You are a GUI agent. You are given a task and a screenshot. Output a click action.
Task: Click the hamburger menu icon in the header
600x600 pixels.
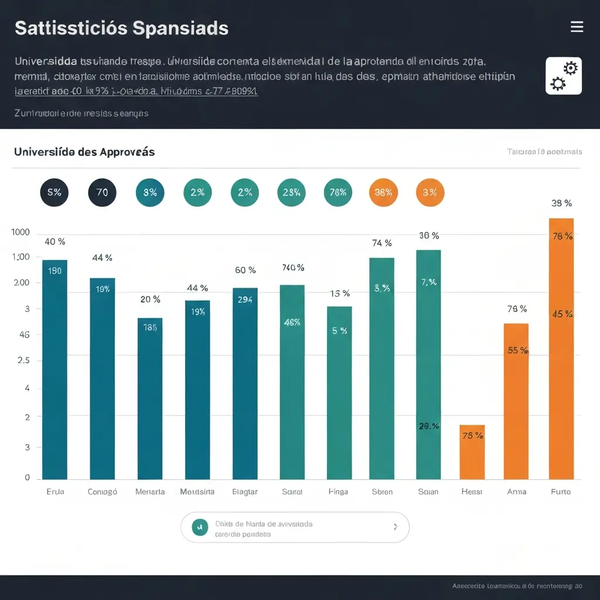coord(577,27)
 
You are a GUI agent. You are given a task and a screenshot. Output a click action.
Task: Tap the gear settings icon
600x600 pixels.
coord(563,76)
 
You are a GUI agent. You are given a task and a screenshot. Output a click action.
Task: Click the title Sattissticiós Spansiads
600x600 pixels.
coord(121,28)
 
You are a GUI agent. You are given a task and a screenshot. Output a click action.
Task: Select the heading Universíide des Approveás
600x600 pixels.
coord(84,152)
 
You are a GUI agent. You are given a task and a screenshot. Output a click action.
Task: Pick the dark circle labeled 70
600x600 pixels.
coord(102,193)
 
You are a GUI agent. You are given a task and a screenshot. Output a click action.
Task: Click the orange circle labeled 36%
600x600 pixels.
coord(383,193)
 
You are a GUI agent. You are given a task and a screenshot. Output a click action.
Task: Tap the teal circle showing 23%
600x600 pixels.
coord(291,193)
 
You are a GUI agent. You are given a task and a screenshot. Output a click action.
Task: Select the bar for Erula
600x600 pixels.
coord(54,369)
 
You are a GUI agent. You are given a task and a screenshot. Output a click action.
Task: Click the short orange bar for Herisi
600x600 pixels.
coord(472,452)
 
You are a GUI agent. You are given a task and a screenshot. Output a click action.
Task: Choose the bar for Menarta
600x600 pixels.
coord(150,398)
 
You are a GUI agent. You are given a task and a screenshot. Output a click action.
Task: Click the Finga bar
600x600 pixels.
coord(339,393)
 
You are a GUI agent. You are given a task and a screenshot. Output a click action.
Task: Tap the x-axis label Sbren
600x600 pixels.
coord(382,492)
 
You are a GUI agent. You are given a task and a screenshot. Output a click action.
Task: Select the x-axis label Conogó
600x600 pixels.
coord(102,492)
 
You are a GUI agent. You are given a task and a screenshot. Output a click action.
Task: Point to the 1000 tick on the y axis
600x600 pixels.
coord(21,232)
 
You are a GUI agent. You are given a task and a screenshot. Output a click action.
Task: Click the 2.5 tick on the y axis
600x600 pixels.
coord(23,360)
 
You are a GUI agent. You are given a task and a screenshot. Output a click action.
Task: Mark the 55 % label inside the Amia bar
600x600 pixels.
coord(517,350)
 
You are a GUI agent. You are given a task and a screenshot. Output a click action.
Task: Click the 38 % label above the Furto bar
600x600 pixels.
coord(561,203)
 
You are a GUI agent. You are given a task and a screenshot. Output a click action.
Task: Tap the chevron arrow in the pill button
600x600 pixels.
coord(395,527)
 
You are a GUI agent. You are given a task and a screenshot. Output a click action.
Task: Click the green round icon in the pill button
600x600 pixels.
coord(200,527)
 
